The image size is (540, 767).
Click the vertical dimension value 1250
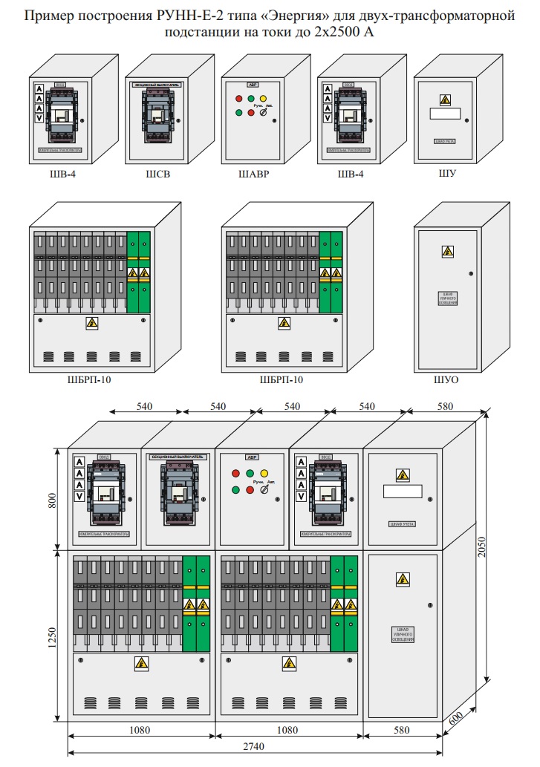[x=52, y=635]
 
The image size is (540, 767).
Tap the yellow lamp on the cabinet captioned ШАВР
[x=264, y=98]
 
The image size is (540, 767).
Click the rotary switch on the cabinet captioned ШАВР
[x=263, y=111]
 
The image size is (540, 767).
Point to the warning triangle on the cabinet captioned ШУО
[x=448, y=252]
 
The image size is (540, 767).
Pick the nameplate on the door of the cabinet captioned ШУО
[x=448, y=298]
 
